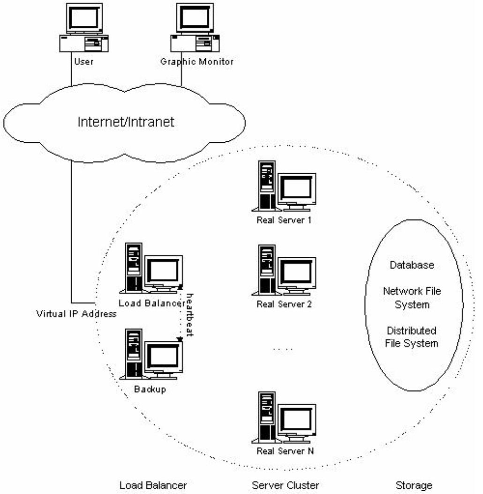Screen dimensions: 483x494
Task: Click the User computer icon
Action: (x=84, y=28)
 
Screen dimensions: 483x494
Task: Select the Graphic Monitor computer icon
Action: (x=195, y=28)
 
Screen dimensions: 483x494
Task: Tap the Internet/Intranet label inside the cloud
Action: (x=126, y=122)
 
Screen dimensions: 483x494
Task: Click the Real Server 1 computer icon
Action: (x=284, y=186)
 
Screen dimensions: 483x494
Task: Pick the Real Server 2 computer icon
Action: (x=284, y=270)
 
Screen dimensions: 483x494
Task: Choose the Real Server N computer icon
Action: (x=284, y=417)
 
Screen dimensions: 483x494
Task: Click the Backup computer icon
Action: (x=151, y=354)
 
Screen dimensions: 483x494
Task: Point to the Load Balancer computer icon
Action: (x=151, y=268)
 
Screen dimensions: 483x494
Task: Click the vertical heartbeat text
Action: (x=190, y=315)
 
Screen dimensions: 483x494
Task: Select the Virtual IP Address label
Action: (x=76, y=314)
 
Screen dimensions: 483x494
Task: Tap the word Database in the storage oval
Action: (x=412, y=265)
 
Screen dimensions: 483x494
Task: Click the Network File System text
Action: (x=412, y=298)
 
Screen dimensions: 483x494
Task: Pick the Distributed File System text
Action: (x=412, y=337)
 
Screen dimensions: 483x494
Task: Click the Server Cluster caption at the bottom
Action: (x=286, y=485)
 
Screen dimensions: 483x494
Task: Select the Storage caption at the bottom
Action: (x=414, y=486)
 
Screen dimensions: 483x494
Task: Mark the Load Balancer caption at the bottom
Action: (x=153, y=485)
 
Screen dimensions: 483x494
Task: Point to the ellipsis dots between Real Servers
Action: (x=283, y=349)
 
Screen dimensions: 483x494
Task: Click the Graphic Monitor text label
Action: (x=197, y=62)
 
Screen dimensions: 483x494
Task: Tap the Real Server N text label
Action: (x=286, y=451)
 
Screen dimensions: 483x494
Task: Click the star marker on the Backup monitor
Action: (x=180, y=339)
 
